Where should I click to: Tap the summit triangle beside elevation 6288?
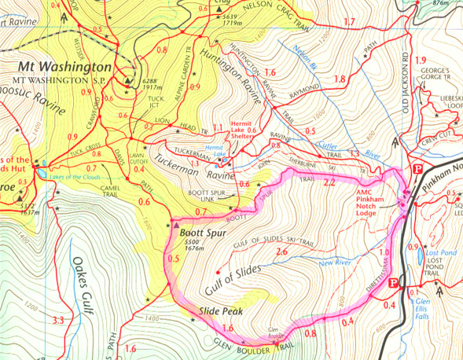click(x=127, y=79)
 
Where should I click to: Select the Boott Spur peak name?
click(x=206, y=233)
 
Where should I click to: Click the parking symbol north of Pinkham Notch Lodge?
click(x=418, y=169)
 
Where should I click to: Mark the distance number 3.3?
click(x=57, y=320)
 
